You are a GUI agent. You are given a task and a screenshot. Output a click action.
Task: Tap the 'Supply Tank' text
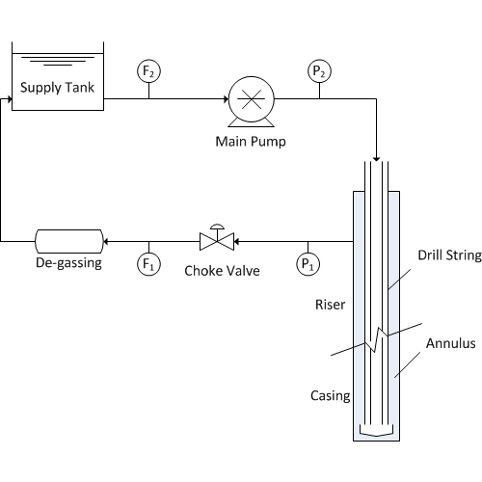[x=57, y=88]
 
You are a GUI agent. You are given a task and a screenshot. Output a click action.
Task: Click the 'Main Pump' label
[x=251, y=142]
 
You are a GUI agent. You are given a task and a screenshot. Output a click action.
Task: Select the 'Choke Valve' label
[x=222, y=271]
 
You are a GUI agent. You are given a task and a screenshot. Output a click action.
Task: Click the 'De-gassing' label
[x=68, y=263]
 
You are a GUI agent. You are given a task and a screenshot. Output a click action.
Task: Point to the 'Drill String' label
[x=449, y=255]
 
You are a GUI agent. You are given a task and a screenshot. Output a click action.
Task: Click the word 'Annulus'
[x=451, y=343]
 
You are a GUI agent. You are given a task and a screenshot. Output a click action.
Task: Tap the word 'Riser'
[x=331, y=305]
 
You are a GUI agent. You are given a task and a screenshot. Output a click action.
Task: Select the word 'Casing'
[x=331, y=396]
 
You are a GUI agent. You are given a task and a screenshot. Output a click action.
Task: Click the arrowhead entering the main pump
[x=226, y=99]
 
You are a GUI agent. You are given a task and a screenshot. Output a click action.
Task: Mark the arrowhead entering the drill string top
[x=376, y=159]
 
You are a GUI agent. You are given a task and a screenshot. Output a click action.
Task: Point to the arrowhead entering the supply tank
[x=10, y=99]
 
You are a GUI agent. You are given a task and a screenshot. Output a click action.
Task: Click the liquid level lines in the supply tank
[x=58, y=61]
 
